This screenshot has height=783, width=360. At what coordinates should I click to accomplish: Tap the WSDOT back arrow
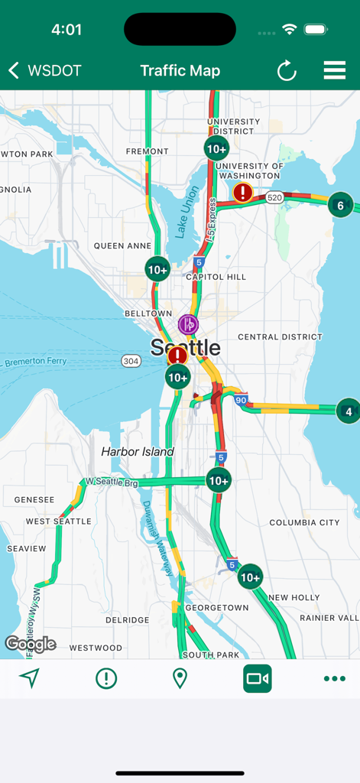point(14,71)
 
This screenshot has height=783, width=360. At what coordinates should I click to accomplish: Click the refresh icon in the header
point(287,71)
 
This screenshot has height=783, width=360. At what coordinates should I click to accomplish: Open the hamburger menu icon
point(335,70)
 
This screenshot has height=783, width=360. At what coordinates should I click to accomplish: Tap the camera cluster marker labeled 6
point(341,205)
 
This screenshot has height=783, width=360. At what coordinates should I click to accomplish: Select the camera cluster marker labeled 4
point(348,411)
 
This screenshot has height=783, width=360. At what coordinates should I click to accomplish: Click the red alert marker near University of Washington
point(243,192)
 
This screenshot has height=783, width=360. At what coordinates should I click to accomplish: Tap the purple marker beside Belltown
point(188,324)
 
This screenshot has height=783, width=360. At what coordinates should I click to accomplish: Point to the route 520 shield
point(274,197)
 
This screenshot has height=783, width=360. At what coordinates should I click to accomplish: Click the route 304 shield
point(131,361)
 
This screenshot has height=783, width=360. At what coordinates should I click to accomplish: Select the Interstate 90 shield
point(241,399)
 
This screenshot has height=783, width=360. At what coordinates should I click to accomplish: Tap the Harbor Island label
point(138,452)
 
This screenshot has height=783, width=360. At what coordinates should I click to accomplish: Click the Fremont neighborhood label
point(147,151)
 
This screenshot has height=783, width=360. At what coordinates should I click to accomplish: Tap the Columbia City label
point(304,522)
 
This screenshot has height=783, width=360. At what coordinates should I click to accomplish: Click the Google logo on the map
point(31,644)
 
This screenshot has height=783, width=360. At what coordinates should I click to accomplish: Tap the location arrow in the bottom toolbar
point(29,678)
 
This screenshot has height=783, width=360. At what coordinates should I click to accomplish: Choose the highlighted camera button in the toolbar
point(258,678)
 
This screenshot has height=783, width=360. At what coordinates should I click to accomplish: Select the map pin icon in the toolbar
point(180,678)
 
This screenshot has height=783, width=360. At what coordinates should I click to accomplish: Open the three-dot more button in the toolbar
point(334,678)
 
